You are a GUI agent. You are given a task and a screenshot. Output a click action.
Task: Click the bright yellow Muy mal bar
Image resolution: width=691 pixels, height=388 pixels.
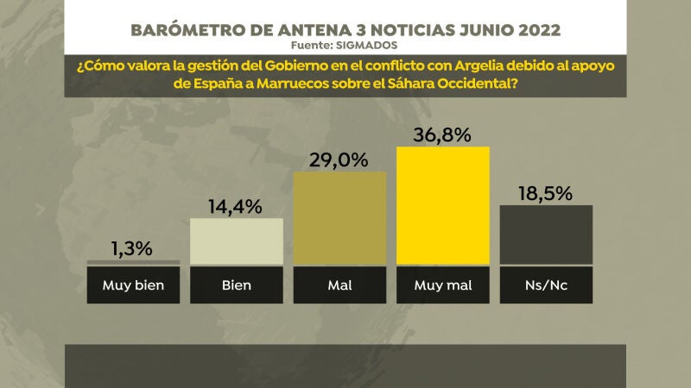tap(443, 204)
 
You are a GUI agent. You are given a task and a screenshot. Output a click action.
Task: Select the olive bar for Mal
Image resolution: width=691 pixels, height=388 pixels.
tap(339, 217)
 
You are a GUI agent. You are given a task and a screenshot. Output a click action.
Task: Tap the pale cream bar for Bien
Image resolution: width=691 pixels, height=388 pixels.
tap(236, 241)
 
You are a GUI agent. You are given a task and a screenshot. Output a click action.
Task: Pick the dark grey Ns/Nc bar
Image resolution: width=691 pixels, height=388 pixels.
tap(547, 234)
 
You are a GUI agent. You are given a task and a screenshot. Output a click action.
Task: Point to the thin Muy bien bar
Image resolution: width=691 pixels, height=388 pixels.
tap(133, 262)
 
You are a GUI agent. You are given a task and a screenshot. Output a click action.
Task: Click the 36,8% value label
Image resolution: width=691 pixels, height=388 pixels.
tap(443, 135)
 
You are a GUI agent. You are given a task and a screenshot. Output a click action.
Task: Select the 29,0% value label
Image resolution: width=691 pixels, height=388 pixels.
tap(339, 160)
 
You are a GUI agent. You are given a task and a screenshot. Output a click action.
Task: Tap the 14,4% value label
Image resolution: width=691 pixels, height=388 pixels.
tap(236, 207)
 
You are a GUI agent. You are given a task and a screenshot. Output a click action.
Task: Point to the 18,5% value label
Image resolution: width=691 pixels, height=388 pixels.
tap(546, 193)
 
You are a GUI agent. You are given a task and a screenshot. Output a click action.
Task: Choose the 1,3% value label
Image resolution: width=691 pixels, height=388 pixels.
tap(133, 248)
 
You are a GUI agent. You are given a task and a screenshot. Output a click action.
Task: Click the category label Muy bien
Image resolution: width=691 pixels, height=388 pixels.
tap(133, 285)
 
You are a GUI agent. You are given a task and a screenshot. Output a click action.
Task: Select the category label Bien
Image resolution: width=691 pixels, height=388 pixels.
tap(236, 285)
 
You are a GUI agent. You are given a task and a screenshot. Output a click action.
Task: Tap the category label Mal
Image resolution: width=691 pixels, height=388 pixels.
tap(339, 285)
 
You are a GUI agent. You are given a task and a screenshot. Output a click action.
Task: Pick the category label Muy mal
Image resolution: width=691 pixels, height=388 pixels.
tap(443, 285)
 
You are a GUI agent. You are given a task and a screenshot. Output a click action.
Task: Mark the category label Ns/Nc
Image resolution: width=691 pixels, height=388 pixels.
tap(547, 285)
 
